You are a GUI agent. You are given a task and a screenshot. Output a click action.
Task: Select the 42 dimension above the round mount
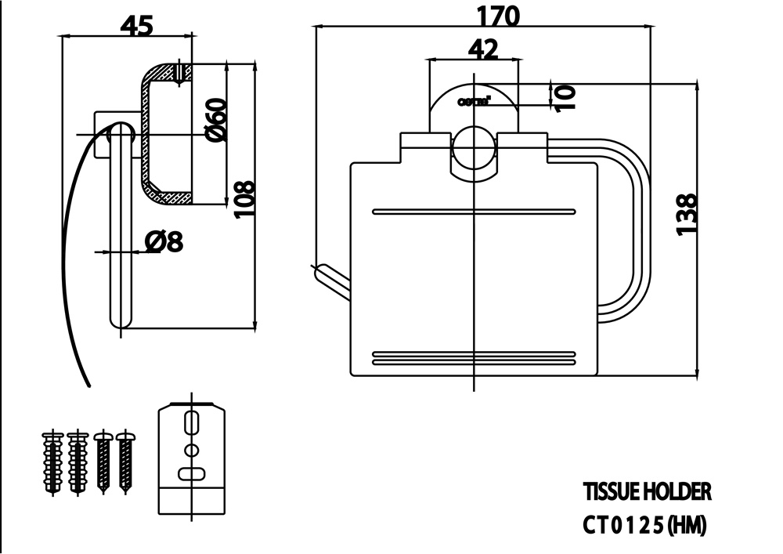click(x=483, y=49)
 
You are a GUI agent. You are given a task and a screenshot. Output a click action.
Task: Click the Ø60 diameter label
click(x=215, y=121)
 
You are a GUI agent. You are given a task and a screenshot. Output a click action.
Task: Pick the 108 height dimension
click(x=244, y=201)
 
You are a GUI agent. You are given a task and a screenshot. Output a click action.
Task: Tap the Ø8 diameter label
click(x=164, y=242)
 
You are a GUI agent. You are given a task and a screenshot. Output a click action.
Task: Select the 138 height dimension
click(x=686, y=213)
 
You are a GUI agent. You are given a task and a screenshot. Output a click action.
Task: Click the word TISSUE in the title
click(x=610, y=492)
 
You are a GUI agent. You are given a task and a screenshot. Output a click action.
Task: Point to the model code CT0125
click(x=624, y=525)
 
